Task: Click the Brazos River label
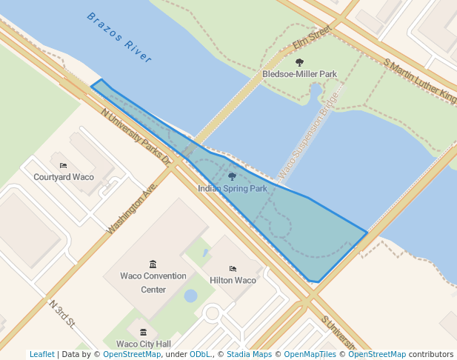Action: (x=119, y=36)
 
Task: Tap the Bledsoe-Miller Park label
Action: (x=299, y=74)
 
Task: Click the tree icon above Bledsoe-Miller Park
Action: (x=299, y=62)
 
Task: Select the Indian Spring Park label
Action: (x=232, y=189)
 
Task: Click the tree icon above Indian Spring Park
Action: (x=232, y=177)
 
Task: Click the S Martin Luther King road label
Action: (x=420, y=79)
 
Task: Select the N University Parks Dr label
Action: (x=136, y=138)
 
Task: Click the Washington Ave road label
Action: (x=133, y=210)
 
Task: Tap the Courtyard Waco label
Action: (x=63, y=177)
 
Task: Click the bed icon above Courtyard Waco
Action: (x=63, y=165)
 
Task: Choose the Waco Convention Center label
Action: (x=153, y=282)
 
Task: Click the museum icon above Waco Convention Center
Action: (x=153, y=264)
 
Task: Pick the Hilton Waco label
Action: (x=233, y=281)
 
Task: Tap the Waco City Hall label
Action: (x=144, y=344)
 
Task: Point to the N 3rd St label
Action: (x=63, y=313)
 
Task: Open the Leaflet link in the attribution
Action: (x=41, y=354)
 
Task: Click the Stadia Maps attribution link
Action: (x=248, y=354)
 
